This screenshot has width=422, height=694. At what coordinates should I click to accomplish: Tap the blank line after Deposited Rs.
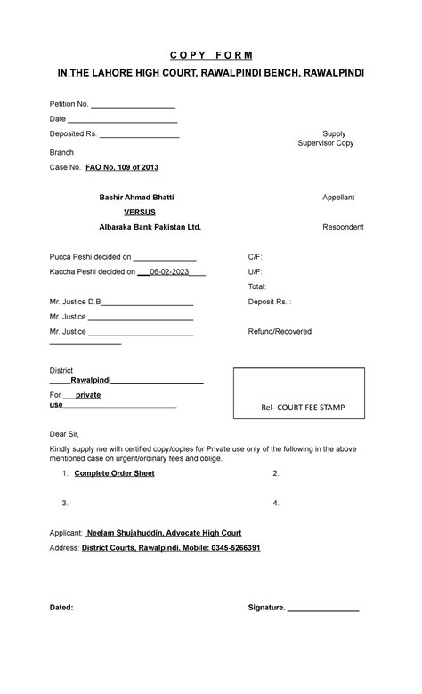pyautogui.click(x=139, y=134)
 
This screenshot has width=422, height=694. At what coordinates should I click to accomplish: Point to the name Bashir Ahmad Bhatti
pyautogui.click(x=136, y=197)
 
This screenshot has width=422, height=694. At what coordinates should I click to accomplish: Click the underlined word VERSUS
pyautogui.click(x=140, y=212)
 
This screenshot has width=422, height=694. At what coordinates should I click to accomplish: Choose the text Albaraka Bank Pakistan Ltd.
pyautogui.click(x=150, y=227)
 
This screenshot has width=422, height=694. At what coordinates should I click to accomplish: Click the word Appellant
pyautogui.click(x=337, y=197)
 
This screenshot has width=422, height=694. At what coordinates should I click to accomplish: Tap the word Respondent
pyautogui.click(x=342, y=227)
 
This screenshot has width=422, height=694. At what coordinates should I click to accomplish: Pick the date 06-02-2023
pyautogui.click(x=170, y=272)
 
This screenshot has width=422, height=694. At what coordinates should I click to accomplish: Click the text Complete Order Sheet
pyautogui.click(x=114, y=473)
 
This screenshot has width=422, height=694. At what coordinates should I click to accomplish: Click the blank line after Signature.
pyautogui.click(x=323, y=609)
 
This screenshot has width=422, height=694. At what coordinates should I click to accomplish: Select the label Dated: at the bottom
pyautogui.click(x=61, y=608)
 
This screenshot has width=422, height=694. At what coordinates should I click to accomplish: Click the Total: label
pyautogui.click(x=257, y=286)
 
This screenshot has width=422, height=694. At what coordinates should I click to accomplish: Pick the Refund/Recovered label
pyautogui.click(x=280, y=331)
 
